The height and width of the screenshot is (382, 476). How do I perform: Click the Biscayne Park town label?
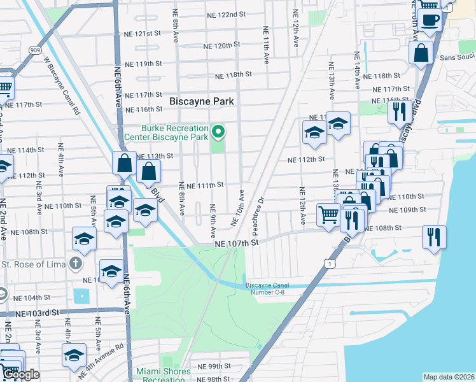pos(202,101)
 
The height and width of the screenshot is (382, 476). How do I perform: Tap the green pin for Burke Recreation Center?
pos(219,132)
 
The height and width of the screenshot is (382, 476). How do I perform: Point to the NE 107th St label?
pos(237,243)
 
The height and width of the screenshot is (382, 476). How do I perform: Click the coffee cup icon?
pos(430,19)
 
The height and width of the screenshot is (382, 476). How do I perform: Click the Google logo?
pos(20,374)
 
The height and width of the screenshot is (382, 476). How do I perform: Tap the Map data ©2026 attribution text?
pos(448,377)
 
